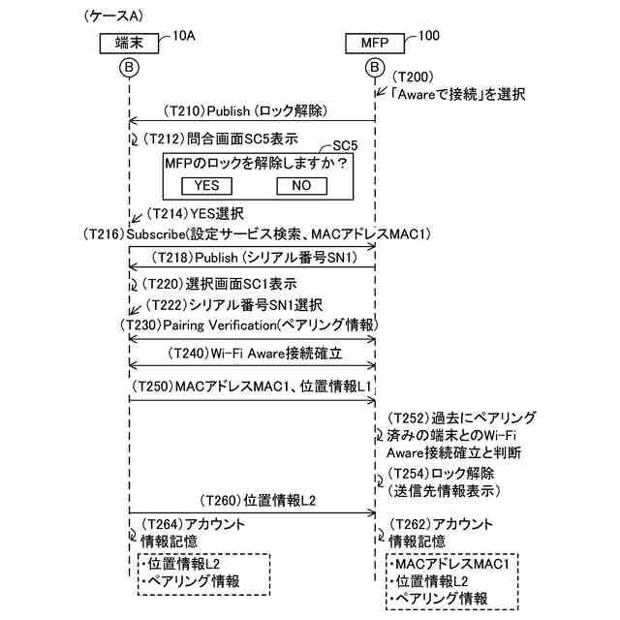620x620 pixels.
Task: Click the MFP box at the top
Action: coord(375,43)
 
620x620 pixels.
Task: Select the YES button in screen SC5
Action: coord(206,185)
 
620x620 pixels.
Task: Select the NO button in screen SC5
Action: coord(301,185)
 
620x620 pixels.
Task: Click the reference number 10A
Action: coord(183,35)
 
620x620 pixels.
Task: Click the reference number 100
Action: coord(427,35)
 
